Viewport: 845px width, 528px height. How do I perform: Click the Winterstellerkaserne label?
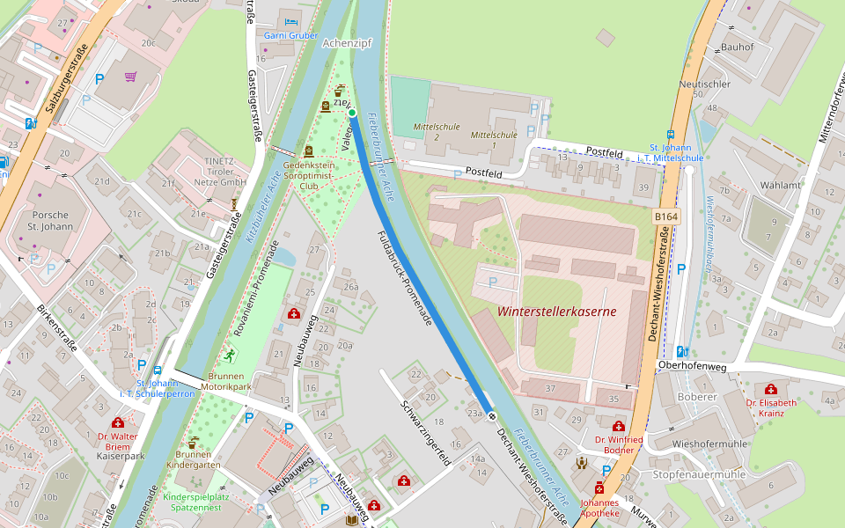(556, 312)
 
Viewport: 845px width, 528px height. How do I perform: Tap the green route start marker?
(351, 113)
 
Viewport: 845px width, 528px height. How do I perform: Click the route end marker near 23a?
(492, 415)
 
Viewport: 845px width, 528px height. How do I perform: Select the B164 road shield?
(666, 216)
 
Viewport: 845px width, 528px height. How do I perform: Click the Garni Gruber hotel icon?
(291, 21)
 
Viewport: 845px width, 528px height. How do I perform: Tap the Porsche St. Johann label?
(49, 221)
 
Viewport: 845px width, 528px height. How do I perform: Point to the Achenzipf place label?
(349, 42)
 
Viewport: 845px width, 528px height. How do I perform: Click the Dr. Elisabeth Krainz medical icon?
(771, 389)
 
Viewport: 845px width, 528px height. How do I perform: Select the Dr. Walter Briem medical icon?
(118, 423)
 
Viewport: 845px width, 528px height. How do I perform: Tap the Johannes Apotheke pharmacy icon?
(600, 488)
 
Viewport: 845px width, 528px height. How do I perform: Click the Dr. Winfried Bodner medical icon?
(619, 426)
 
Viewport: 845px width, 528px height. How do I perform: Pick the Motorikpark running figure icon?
(230, 355)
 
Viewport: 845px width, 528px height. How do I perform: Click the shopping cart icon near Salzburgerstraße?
(131, 77)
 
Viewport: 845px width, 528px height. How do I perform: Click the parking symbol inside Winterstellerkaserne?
(492, 282)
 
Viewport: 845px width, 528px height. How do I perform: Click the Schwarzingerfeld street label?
(426, 433)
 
